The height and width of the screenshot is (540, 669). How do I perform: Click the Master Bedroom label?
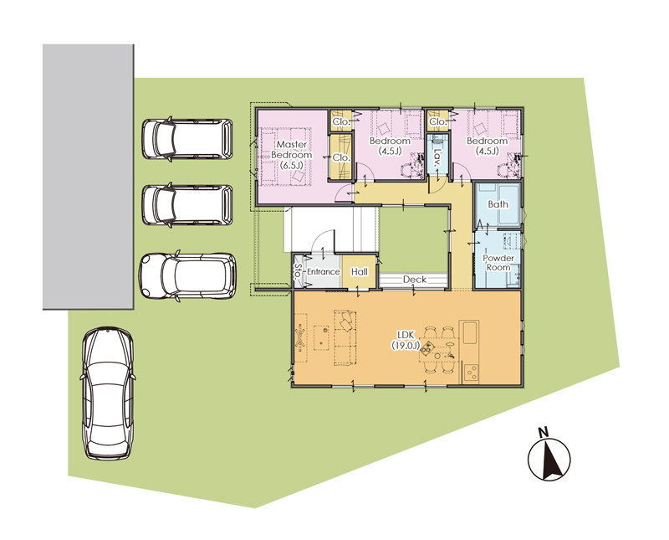tap(291, 155)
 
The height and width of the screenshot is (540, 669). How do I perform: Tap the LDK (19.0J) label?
tap(406, 340)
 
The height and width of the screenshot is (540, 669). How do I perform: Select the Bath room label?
tap(498, 204)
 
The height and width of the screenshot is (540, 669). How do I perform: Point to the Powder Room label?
tap(498, 263)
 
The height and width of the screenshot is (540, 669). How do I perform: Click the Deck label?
tap(415, 280)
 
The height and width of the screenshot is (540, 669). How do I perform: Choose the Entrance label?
tap(323, 272)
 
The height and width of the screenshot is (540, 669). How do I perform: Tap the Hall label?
tap(360, 272)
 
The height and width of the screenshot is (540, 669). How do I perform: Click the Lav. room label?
tap(437, 157)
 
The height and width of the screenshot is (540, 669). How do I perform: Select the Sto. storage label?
tap(298, 271)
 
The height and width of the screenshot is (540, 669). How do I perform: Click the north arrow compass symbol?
tap(549, 460)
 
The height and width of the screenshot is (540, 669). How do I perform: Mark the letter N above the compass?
tap(543, 432)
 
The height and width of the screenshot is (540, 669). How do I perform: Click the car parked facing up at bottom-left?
tap(108, 393)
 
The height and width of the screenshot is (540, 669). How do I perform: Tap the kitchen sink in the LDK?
tap(469, 332)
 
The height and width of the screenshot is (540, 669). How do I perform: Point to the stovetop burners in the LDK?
tap(472, 373)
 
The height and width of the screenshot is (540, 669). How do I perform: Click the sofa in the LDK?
tap(345, 337)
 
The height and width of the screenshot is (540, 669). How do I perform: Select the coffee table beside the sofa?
tap(321, 337)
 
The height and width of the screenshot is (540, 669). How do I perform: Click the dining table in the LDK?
tap(440, 349)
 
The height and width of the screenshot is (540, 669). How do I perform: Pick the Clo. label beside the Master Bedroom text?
tap(341, 157)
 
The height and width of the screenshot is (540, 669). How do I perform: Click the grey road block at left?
tap(89, 177)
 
